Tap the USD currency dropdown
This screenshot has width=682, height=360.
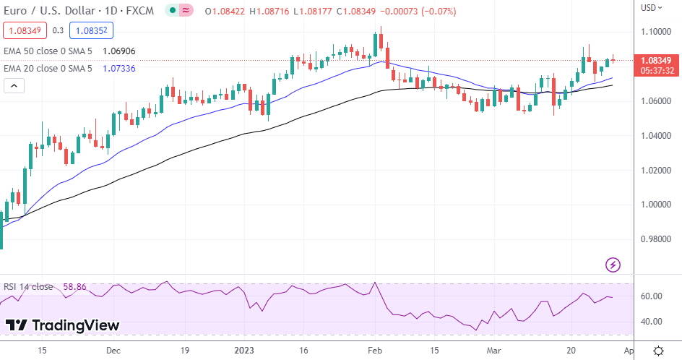point(650,8)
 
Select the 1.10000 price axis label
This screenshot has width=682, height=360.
point(657,32)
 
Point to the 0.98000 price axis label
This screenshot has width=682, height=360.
point(657,239)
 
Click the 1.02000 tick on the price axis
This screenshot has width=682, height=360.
point(657,171)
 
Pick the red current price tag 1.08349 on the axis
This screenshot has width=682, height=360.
point(656,60)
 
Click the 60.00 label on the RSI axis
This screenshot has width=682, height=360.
point(652,296)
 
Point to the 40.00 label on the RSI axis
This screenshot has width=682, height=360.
point(652,322)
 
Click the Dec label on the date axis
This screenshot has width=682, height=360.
point(113,350)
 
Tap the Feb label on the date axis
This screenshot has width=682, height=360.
point(375,350)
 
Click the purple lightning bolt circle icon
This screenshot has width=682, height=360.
point(613,265)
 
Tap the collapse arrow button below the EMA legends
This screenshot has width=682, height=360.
point(14,86)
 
